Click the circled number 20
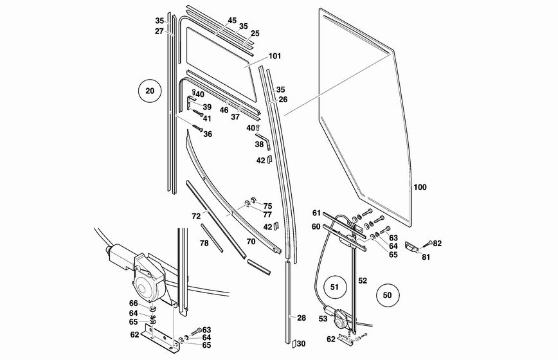pos(150,91)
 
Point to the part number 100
pos(420,188)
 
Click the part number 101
pos(274,56)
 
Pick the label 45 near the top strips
pos(232,21)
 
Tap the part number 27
pos(159,31)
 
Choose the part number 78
pos(204,243)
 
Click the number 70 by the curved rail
pos(251,242)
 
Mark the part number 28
pos(301,318)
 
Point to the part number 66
pos(133,303)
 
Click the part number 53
pos(323,318)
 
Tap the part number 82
pos(437,243)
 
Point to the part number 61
pos(316,213)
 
